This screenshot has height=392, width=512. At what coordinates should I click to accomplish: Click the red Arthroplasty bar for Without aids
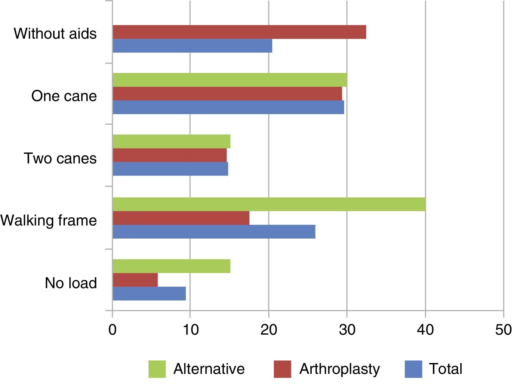click(x=239, y=32)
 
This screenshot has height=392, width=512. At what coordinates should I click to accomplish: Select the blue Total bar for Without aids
click(x=192, y=46)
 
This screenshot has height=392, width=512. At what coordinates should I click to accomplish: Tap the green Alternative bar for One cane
click(x=230, y=80)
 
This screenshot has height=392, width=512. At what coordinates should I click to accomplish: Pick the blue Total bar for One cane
click(x=228, y=107)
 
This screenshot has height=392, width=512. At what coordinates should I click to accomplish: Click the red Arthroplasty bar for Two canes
click(x=170, y=155)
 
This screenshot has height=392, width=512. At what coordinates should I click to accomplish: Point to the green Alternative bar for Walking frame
click(x=269, y=204)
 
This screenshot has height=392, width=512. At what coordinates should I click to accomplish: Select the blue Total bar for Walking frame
click(x=214, y=232)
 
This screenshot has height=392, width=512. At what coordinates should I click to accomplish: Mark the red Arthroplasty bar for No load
click(x=135, y=280)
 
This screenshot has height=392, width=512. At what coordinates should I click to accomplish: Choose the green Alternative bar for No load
click(x=171, y=266)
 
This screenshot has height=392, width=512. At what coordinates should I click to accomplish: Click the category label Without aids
click(x=55, y=33)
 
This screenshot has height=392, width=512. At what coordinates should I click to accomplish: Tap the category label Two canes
click(x=60, y=158)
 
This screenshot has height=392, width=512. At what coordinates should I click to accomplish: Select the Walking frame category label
click(x=49, y=220)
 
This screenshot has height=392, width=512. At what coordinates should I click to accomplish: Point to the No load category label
click(x=71, y=283)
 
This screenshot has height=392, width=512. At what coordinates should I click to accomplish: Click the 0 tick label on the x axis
click(x=112, y=330)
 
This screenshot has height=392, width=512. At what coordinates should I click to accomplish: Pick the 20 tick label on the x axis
click(x=269, y=330)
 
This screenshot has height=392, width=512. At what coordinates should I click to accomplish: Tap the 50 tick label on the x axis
click(x=503, y=330)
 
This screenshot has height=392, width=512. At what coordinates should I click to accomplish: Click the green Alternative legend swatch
click(x=157, y=369)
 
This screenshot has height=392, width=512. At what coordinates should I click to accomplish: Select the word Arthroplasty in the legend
click(x=339, y=369)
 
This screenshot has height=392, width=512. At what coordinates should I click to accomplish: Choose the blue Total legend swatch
click(x=413, y=369)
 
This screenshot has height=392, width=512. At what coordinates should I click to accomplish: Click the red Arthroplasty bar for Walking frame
click(x=181, y=218)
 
